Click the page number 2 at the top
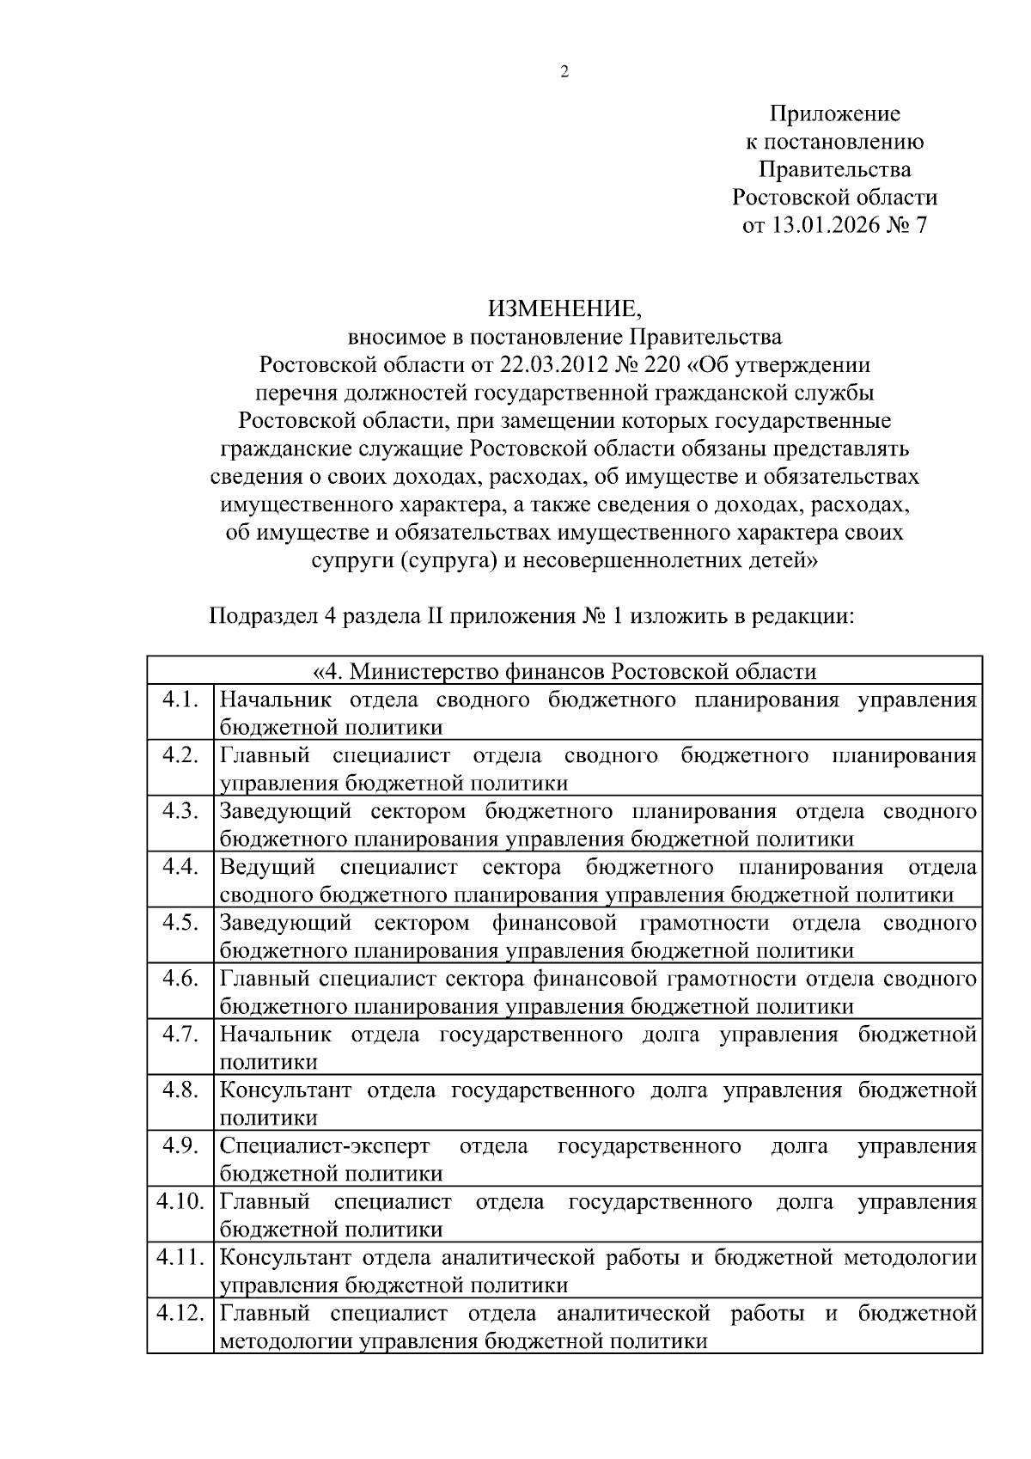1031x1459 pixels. [x=564, y=72]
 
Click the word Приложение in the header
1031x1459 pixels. [x=834, y=113]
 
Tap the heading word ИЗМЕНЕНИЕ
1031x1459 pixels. [x=564, y=308]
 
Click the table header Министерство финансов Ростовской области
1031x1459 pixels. [x=564, y=671]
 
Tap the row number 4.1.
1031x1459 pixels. [x=180, y=699]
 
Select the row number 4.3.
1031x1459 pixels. [x=180, y=810]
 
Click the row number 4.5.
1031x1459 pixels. [x=180, y=922]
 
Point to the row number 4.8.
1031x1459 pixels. [x=180, y=1090]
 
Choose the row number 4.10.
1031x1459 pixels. [x=180, y=1201]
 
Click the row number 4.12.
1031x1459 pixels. [x=180, y=1313]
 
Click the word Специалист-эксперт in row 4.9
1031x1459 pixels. [x=325, y=1145]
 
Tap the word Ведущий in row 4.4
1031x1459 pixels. [x=267, y=866]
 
